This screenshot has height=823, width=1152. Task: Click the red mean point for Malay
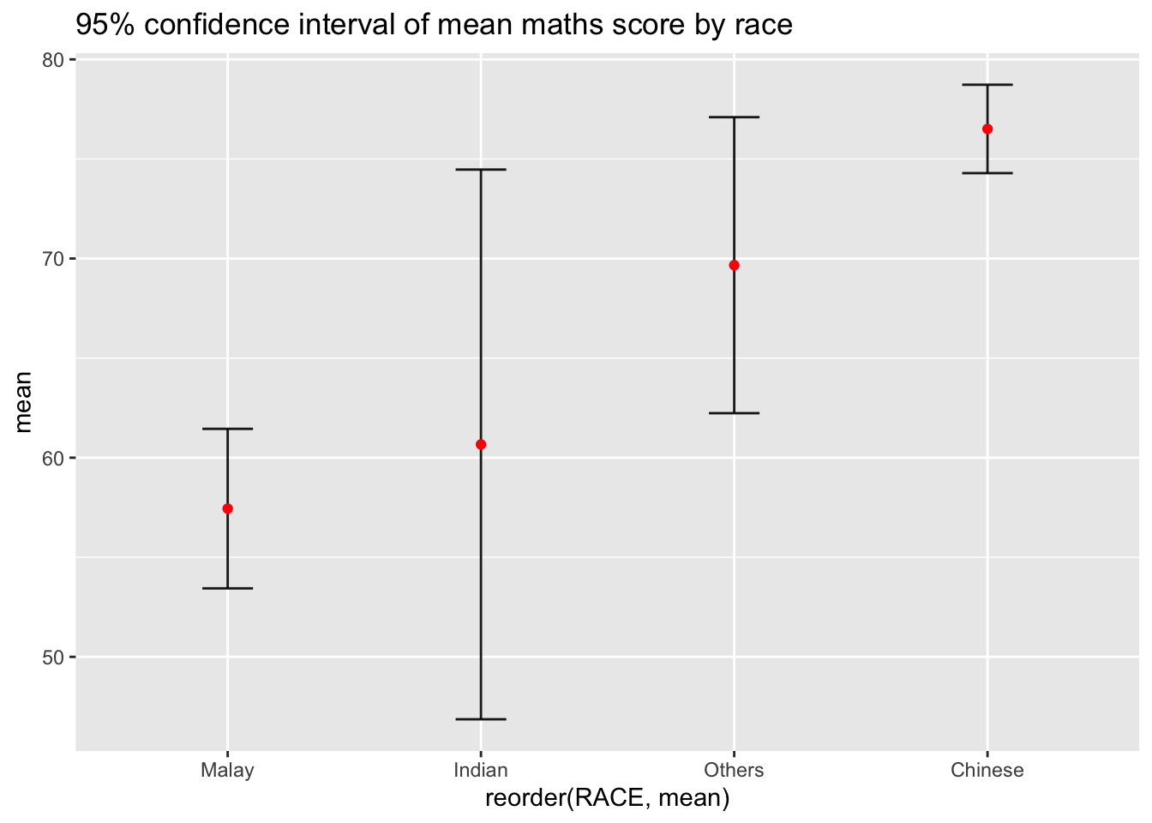[227, 508]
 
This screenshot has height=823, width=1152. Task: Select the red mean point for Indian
[481, 444]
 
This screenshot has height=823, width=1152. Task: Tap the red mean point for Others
[734, 265]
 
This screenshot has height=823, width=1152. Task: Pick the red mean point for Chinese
[987, 129]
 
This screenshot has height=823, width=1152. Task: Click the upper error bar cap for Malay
[227, 429]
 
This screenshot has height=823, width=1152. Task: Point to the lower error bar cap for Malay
[227, 588]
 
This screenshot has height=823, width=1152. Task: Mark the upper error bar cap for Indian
[481, 170]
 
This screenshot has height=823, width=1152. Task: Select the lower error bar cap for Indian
[481, 718]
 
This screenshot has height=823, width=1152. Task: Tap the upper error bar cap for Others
[734, 117]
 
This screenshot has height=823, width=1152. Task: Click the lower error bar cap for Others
[734, 413]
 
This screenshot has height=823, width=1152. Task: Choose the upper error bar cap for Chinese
[987, 85]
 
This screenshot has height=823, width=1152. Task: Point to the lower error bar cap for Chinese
[987, 173]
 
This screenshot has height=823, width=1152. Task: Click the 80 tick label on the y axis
[54, 60]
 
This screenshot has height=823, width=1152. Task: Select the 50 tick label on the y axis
[54, 658]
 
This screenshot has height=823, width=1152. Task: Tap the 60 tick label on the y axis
[54, 459]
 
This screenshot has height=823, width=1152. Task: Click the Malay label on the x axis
[227, 770]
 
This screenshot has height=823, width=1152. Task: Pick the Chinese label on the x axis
[987, 770]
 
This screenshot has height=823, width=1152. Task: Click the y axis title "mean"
[24, 401]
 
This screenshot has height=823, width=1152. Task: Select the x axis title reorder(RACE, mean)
[607, 799]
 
